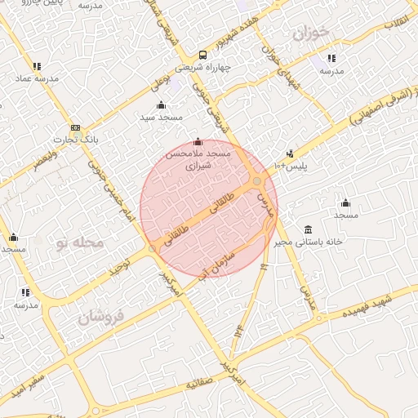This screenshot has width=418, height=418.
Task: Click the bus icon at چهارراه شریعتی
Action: pyautogui.click(x=202, y=56)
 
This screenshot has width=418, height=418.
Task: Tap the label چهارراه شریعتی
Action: pyautogui.click(x=226, y=68)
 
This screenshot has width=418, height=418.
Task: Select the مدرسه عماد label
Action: pyautogui.click(x=34, y=79)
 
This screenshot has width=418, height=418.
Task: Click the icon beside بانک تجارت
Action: pyautogui.click(x=75, y=128)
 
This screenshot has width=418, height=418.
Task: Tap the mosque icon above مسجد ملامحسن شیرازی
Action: pyautogui.click(x=198, y=142)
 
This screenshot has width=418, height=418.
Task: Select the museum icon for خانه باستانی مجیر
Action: pyautogui.click(x=307, y=229)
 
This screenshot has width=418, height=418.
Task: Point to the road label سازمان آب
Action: pyautogui.click(x=214, y=265)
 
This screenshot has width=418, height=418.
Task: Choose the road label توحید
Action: pyautogui.click(x=121, y=267)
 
